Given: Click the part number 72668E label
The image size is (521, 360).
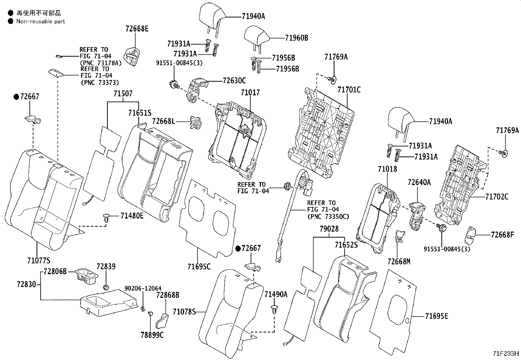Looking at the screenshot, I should (136, 29).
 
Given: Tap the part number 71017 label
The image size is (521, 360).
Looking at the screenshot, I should (250, 93).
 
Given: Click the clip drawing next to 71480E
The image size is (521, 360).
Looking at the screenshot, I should (106, 218).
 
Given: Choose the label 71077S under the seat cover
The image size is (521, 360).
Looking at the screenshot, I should (39, 261).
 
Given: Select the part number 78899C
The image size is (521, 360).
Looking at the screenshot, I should (152, 335).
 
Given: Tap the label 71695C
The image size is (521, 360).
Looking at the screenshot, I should (199, 267).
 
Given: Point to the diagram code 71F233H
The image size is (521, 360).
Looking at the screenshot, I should (506, 354).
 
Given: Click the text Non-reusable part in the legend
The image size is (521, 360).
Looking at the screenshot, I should (41, 22).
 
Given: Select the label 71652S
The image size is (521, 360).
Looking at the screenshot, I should (346, 245).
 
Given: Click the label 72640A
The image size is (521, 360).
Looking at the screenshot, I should (419, 182).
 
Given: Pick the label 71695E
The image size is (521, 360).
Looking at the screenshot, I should (437, 316).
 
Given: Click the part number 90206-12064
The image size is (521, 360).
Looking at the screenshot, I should (143, 288).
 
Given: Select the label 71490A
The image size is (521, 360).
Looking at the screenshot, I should (276, 294).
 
